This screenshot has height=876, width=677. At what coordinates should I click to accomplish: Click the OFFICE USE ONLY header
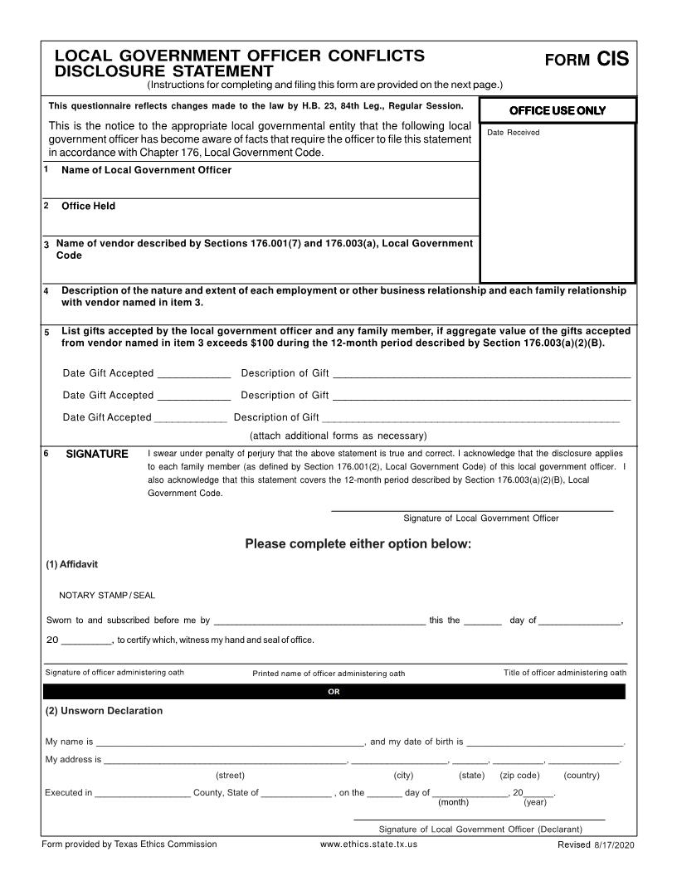558,111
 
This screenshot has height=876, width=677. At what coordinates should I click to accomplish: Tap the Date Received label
513,133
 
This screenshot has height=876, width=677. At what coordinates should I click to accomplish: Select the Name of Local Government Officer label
146,170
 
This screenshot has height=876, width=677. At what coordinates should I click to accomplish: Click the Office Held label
88,206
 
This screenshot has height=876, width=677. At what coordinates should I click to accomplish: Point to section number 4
46,291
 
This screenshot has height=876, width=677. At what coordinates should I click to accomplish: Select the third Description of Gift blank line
470,419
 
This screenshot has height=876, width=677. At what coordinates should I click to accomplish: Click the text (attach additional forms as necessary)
338,436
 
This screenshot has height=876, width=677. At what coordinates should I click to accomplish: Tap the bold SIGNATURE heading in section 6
97,454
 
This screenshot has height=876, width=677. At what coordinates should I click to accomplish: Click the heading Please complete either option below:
358,544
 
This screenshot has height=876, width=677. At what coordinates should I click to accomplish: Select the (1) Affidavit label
71,564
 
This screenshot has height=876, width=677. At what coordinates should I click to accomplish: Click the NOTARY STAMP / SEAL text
107,595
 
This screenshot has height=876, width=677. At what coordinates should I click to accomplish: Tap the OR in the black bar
334,692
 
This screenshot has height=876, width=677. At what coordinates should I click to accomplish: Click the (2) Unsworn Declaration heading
104,711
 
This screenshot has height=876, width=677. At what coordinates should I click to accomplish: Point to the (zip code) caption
519,776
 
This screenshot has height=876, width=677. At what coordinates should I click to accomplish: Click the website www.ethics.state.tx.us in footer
368,844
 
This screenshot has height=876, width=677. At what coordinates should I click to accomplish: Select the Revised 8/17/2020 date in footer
597,844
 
